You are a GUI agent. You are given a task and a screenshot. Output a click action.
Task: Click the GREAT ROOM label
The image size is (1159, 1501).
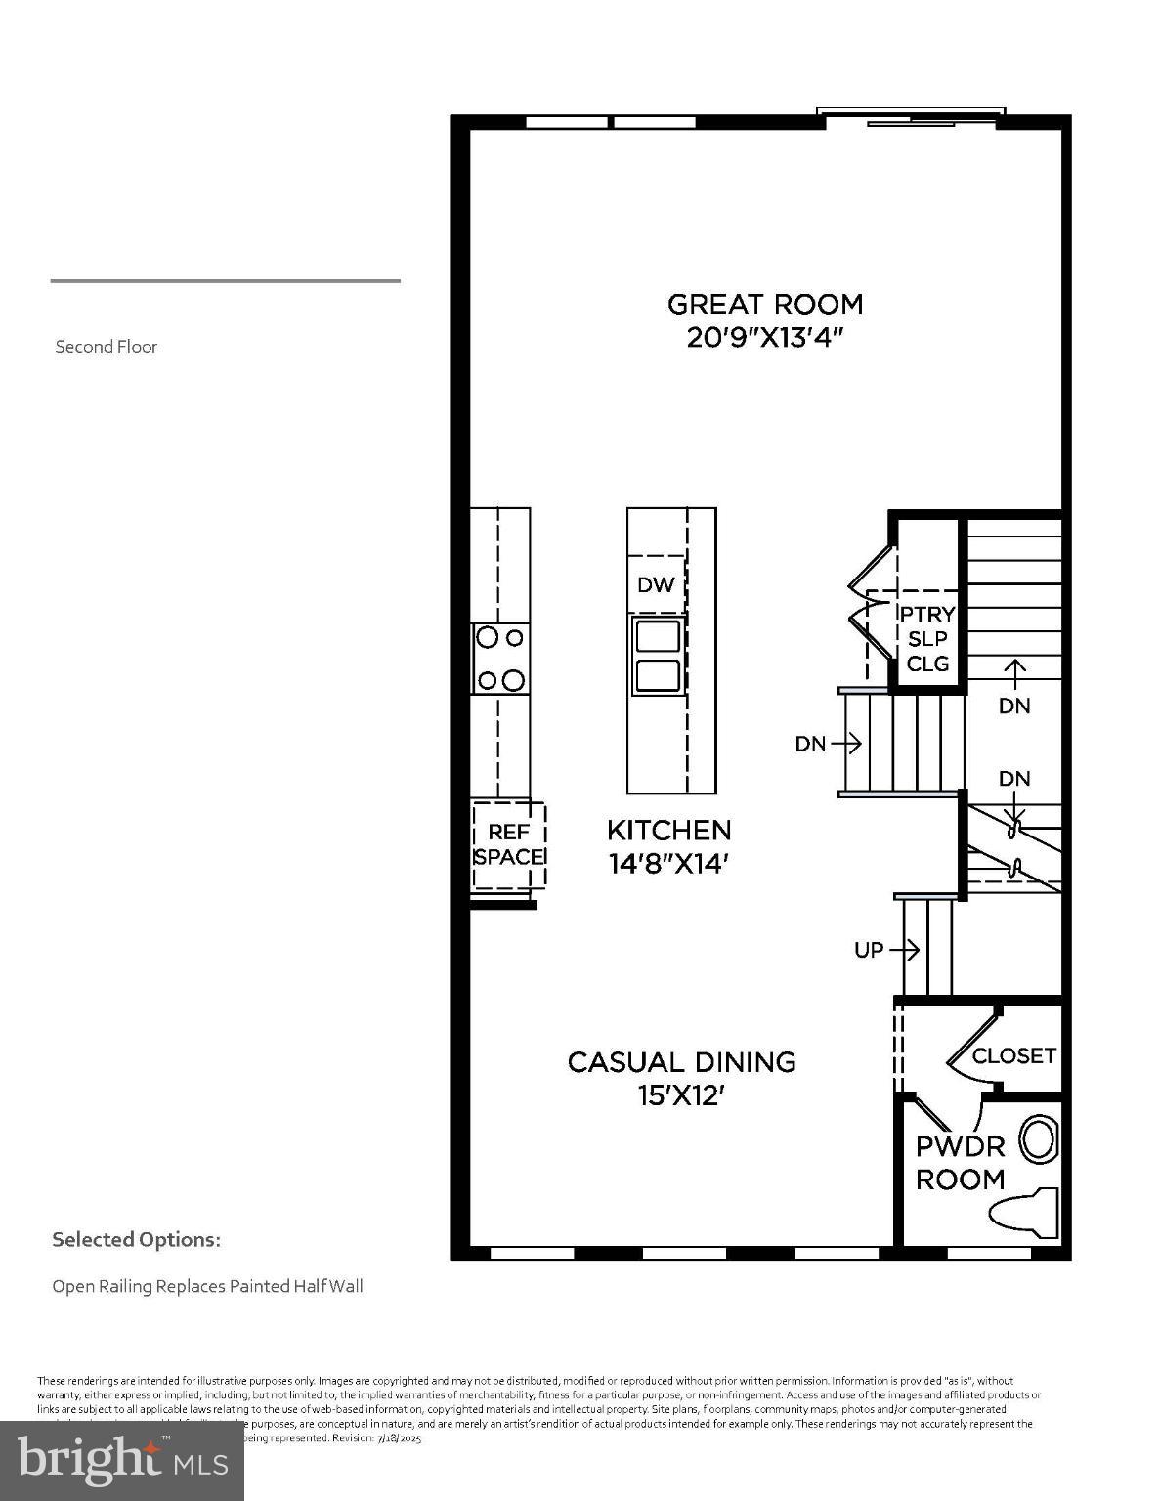coord(765,304)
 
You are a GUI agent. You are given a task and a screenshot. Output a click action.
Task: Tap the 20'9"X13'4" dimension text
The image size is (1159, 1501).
coord(765,338)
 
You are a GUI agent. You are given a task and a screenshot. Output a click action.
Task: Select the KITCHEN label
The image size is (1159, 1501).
coord(668,830)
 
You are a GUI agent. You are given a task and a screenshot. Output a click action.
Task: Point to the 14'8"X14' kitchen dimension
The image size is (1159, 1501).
coord(668,864)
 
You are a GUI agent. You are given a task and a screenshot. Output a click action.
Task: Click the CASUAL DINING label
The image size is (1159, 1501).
coord(681,1062)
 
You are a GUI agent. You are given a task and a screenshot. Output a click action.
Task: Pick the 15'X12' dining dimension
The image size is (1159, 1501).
coord(681,1095)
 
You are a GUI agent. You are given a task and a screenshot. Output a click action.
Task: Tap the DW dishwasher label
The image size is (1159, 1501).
coord(656,584)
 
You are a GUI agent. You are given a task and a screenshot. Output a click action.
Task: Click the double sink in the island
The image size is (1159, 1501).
coord(658,656)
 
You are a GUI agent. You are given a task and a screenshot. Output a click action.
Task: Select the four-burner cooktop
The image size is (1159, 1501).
coord(499,659)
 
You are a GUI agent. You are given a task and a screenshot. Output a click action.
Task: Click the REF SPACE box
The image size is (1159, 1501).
coord(508,844)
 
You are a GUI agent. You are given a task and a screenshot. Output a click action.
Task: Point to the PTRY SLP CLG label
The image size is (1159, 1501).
coord(927,638)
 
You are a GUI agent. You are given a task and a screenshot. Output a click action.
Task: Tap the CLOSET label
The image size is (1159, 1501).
coord(1013,1055)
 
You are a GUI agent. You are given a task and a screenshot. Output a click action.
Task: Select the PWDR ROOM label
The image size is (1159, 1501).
coord(960,1162)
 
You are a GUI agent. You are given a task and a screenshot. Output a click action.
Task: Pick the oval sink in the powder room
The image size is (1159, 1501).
coord(1039,1139)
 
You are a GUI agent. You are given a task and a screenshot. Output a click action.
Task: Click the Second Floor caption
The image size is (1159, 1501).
coord(106,347)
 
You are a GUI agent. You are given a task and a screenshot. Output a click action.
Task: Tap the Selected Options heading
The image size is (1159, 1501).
coord(136,1239)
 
